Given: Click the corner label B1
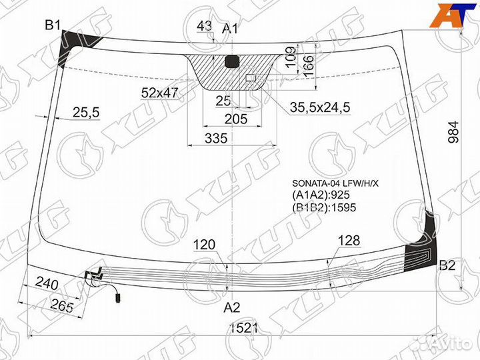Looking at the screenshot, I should pos(53,25).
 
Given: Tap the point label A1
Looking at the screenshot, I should pos(230,28).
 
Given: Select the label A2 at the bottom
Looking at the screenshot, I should pos(231,307).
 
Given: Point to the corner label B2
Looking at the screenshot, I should pos(447,266).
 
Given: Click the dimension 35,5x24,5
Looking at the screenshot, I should pos(320,106).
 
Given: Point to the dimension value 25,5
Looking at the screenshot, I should pos(85,113).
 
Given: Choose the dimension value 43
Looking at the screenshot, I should pos(205,26).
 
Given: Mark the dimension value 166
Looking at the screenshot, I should pos(308,65).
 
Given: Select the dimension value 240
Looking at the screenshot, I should pos(47,284).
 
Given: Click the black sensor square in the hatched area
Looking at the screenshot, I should pos(232,63).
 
